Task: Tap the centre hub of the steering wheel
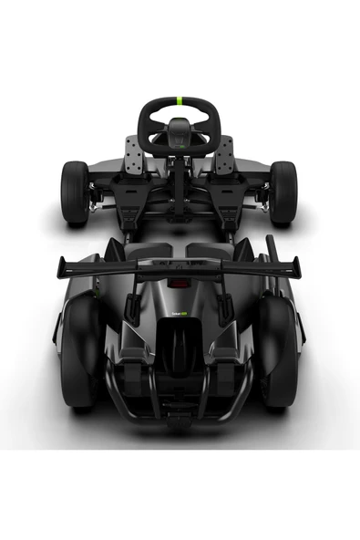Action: (180, 131)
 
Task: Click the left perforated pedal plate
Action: (134, 156)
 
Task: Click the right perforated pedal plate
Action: (224, 156)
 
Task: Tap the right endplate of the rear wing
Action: (295, 267)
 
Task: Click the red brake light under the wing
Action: (180, 284)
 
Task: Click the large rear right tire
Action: (279, 351)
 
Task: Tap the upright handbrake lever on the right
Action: (271, 251)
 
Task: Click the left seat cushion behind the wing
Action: (146, 249)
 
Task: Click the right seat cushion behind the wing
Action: (213, 249)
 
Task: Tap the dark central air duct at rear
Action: (180, 351)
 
